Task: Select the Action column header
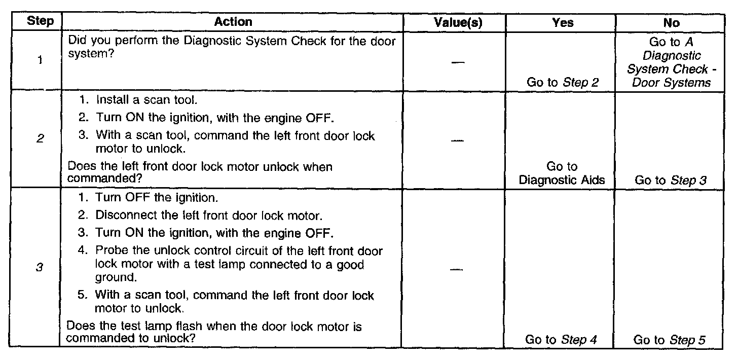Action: [x=233, y=22]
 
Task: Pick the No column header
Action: [x=671, y=22]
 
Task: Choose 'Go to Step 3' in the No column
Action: [x=671, y=180]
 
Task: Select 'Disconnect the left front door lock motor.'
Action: [x=208, y=215]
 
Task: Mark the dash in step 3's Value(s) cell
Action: [x=457, y=269]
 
